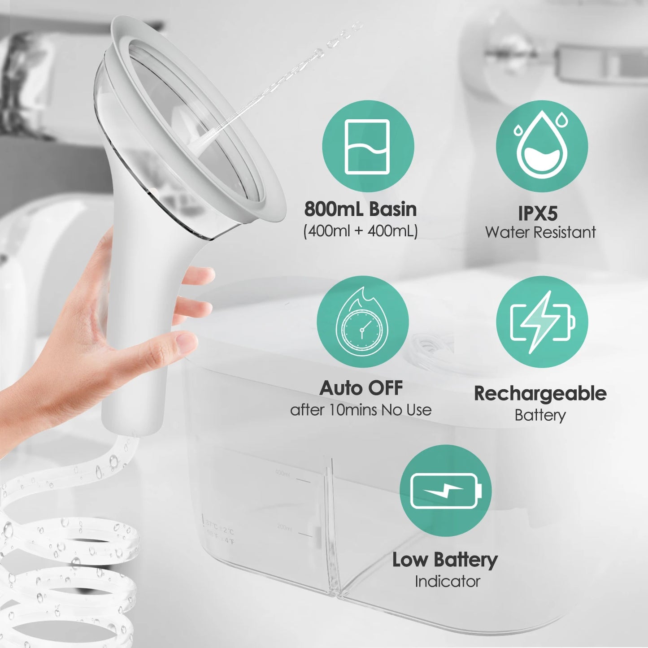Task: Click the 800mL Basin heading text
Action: click(361, 209)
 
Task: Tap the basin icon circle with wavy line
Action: click(368, 146)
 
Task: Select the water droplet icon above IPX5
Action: click(541, 146)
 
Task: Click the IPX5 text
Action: click(538, 213)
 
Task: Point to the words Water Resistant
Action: click(540, 232)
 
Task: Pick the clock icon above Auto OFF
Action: click(362, 322)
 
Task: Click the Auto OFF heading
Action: click(361, 388)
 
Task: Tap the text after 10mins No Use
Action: click(361, 410)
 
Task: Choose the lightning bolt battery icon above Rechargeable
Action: click(542, 322)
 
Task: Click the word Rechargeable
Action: click(540, 393)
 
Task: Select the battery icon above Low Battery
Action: click(445, 491)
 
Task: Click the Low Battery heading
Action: click(445, 560)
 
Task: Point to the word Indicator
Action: click(447, 581)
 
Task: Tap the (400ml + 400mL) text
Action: click(361, 231)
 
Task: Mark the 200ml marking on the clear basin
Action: click(284, 527)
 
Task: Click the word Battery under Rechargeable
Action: click(540, 415)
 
